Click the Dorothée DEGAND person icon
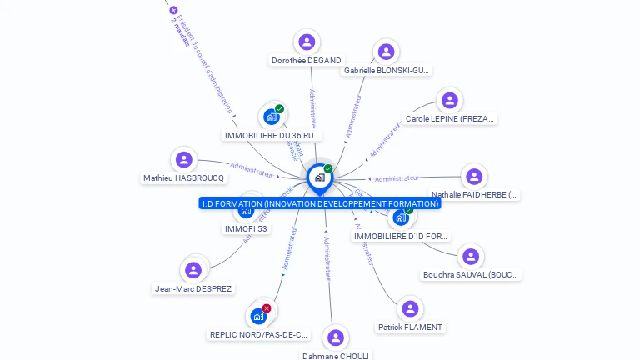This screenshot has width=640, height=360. [x=307, y=42]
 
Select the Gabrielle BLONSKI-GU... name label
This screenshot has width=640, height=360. [x=387, y=71]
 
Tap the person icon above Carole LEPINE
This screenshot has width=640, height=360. [x=450, y=101]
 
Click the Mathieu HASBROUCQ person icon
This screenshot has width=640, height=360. [x=183, y=159]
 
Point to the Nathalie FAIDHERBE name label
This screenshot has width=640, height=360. [x=474, y=195]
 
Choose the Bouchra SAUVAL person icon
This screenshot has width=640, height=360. [x=471, y=256]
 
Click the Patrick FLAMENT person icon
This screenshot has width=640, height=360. [x=409, y=308]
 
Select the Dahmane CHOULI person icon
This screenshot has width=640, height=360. [x=335, y=337]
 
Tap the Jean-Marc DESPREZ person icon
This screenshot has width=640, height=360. [x=193, y=270]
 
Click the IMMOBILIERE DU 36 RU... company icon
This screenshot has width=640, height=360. [x=272, y=117]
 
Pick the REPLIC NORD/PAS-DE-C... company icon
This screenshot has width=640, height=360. [x=258, y=317]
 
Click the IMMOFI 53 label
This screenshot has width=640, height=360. [x=246, y=228]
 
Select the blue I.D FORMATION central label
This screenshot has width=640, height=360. [x=320, y=203]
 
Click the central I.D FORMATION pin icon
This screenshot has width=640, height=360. [x=319, y=177]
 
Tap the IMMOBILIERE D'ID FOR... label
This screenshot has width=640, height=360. [x=402, y=237]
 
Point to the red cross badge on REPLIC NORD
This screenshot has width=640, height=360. [x=267, y=308]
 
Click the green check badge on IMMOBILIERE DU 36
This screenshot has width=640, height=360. [x=280, y=109]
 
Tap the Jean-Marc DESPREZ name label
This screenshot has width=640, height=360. [x=193, y=289]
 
